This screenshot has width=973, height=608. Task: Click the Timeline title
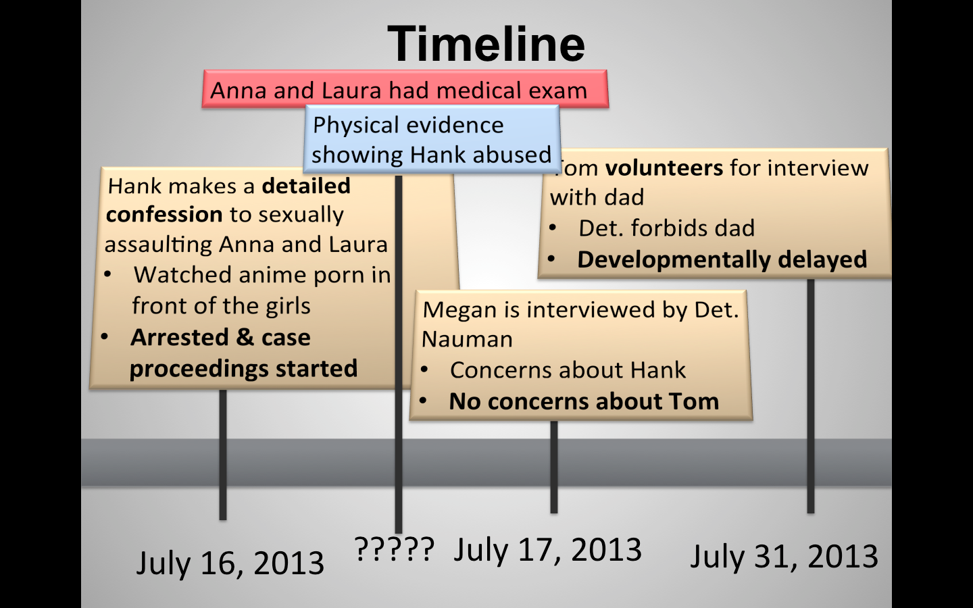click(486, 44)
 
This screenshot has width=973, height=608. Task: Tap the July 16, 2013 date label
click(230, 563)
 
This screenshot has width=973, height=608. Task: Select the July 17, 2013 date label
click(548, 550)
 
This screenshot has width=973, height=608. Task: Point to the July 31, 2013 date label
click(784, 557)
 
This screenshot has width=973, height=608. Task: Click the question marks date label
click(395, 549)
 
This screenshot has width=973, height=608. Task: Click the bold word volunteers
click(664, 168)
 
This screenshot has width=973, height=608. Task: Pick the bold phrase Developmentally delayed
click(722, 259)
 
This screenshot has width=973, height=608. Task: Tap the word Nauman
click(467, 339)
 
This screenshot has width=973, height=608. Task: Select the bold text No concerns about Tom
click(584, 401)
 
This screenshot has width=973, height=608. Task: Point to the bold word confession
click(164, 215)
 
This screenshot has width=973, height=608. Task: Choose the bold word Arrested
click(180, 337)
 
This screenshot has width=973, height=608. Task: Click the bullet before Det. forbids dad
click(553, 228)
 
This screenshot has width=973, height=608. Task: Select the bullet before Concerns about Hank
click(424, 370)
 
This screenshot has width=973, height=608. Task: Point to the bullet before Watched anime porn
click(107, 274)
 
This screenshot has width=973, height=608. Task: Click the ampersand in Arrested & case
click(245, 337)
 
